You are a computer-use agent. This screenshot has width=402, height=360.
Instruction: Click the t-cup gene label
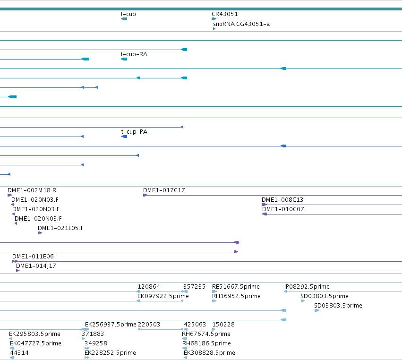point(128,14)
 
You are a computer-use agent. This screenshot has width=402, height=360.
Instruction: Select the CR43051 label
point(224,14)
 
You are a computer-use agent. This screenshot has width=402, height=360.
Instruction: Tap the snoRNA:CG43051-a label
point(241,24)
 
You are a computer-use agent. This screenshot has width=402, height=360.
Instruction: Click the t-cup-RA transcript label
point(134,54)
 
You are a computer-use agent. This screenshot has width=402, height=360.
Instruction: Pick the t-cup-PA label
point(134,132)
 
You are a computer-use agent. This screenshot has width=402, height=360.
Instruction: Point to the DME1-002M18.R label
point(32,190)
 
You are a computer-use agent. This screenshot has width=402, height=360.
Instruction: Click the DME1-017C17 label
point(164,190)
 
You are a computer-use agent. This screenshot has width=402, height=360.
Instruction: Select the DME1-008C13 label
point(282,200)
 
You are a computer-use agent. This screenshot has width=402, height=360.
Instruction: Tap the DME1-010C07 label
point(283,209)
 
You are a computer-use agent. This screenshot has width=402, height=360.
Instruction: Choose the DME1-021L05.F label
point(60,228)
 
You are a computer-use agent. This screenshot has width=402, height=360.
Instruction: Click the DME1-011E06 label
point(33,257)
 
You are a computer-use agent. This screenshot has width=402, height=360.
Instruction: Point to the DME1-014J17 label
point(36,266)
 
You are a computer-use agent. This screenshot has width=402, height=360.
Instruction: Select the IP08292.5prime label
point(307,287)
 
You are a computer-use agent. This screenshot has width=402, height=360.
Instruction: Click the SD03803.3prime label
point(338,306)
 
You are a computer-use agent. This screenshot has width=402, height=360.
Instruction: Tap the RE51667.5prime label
point(236,287)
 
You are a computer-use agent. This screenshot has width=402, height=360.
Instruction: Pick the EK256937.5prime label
point(111,325)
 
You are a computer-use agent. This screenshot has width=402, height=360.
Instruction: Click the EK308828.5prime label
point(209,353)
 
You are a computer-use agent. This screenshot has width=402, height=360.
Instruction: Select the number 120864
point(149,287)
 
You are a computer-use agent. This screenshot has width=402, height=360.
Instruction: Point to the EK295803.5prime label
point(34,334)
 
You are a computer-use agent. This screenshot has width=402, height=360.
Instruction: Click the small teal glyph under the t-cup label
point(124,19)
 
